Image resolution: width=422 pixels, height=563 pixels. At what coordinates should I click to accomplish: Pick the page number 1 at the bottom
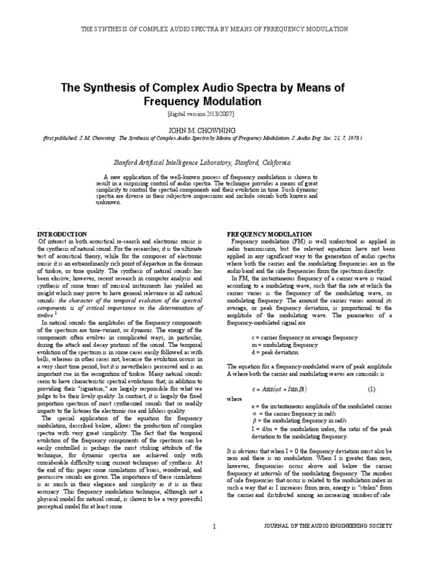pyautogui.click(x=214, y=526)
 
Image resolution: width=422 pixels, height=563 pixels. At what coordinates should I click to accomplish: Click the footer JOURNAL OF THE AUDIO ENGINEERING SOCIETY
pyautogui.click(x=329, y=526)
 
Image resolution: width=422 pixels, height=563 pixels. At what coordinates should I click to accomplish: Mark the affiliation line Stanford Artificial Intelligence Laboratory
pyautogui.click(x=211, y=163)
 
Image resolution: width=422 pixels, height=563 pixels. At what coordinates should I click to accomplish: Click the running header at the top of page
pyautogui.click(x=211, y=28)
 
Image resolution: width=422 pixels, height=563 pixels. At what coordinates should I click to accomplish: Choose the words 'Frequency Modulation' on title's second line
pyautogui.click(x=211, y=102)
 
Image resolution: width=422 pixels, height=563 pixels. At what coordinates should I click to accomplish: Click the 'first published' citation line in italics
pyautogui.click(x=211, y=138)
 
